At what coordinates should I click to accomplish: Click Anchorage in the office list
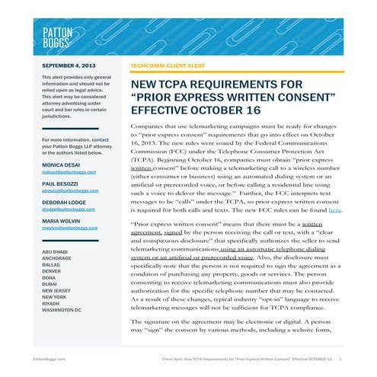tap(57, 259)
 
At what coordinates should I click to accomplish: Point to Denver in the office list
tap(53, 267)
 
